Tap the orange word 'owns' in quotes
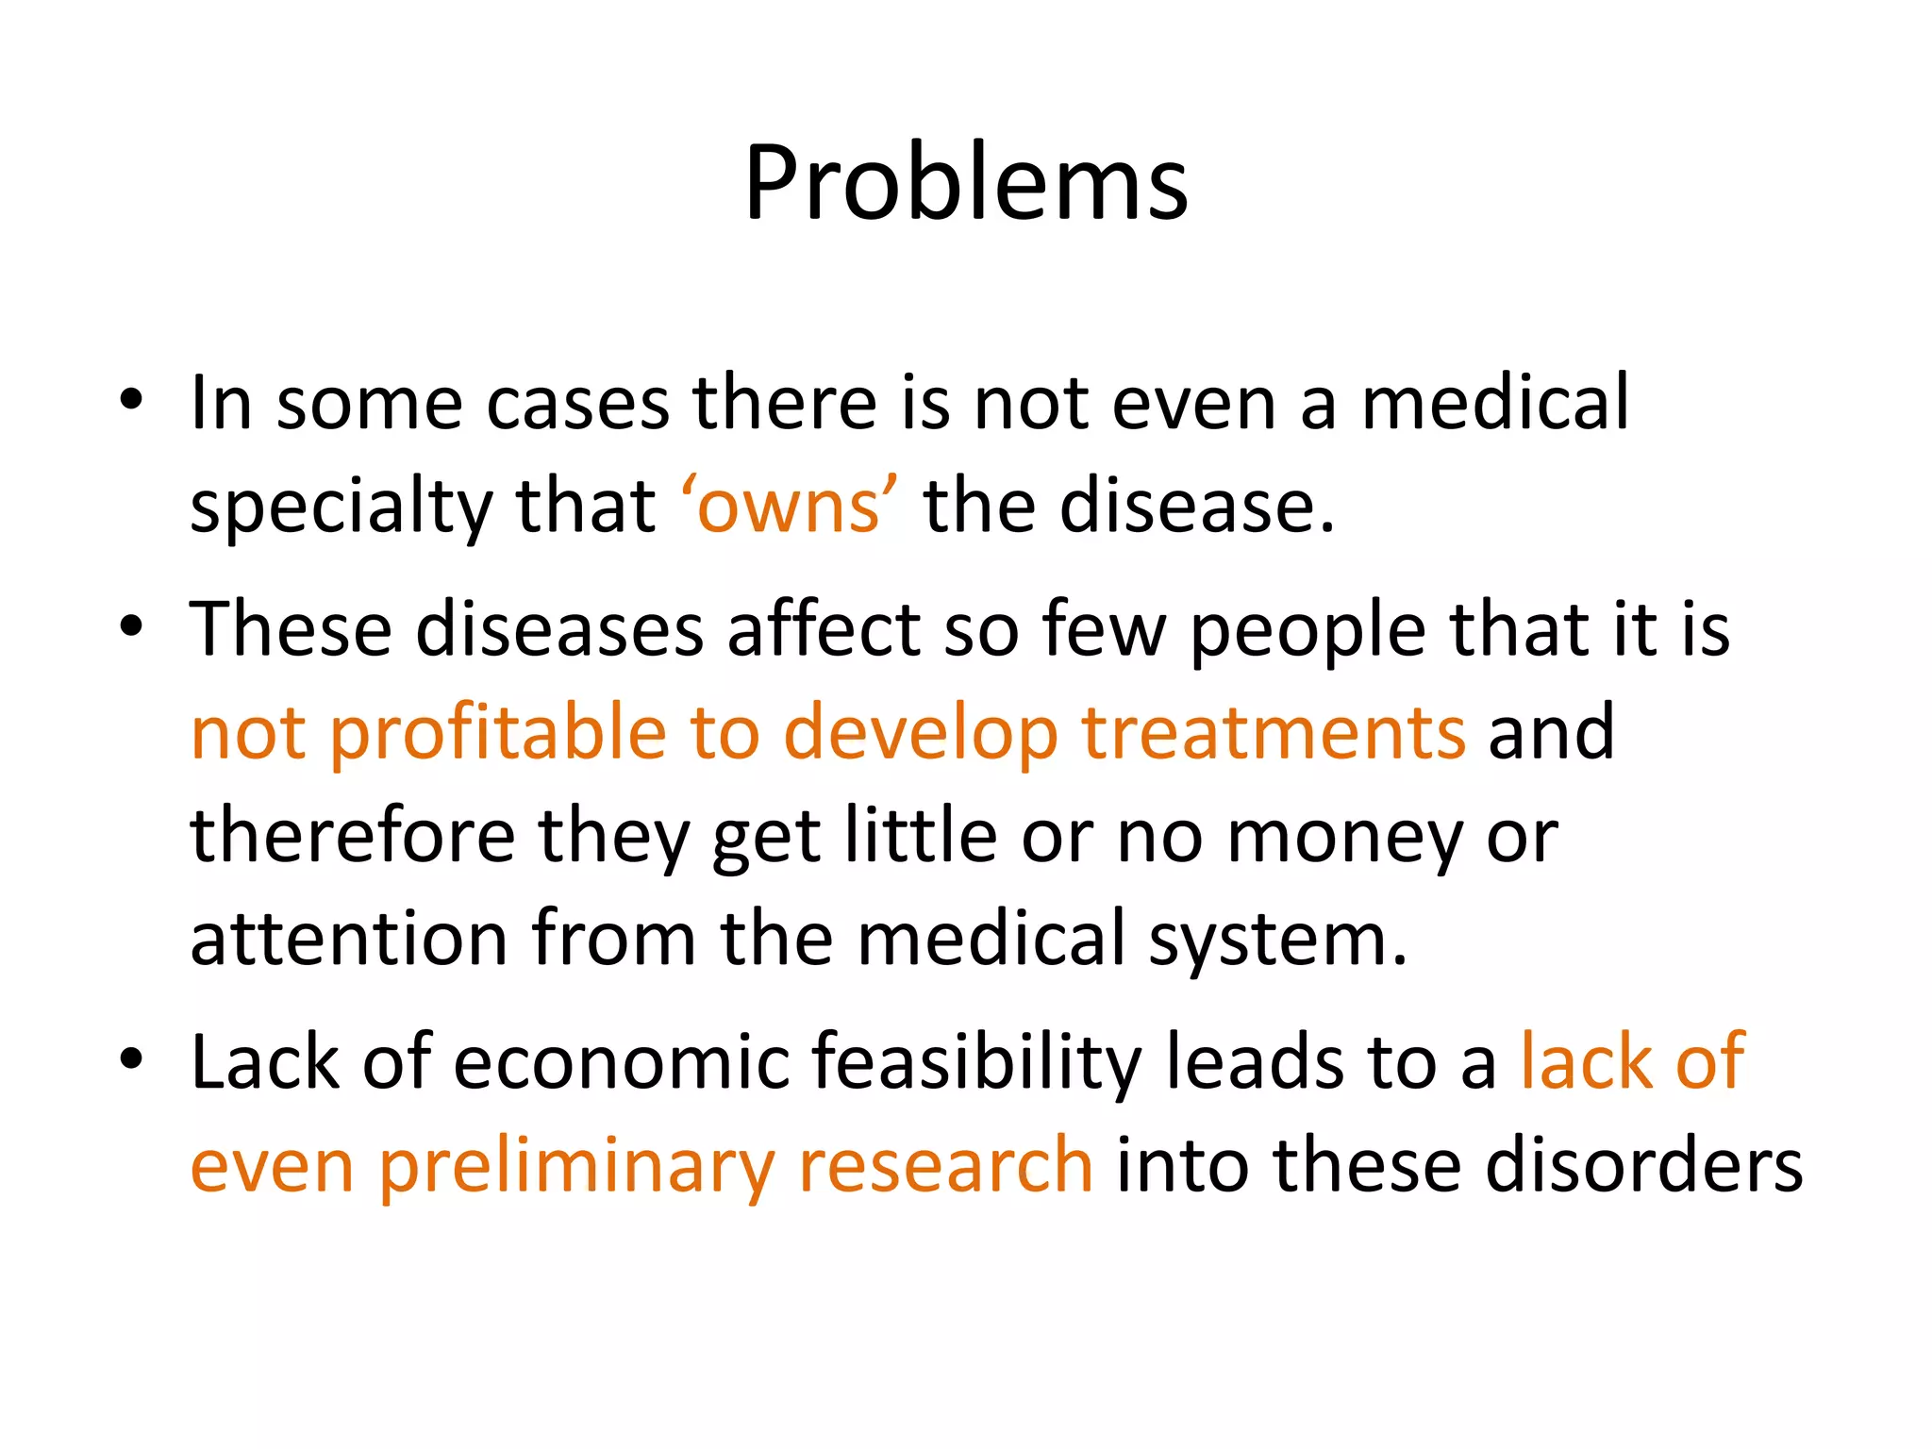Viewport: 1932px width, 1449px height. [789, 507]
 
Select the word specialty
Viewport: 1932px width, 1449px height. [340, 507]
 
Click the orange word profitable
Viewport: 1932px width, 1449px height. [498, 733]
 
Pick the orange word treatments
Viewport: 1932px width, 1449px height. [1273, 733]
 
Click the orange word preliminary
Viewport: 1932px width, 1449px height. [577, 1166]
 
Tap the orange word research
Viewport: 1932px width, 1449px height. [945, 1166]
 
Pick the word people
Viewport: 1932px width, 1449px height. [1307, 630]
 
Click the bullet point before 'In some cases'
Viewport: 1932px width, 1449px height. [131, 398]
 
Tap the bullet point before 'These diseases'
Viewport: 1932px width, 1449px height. [131, 625]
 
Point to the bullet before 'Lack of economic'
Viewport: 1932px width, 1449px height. [131, 1058]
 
